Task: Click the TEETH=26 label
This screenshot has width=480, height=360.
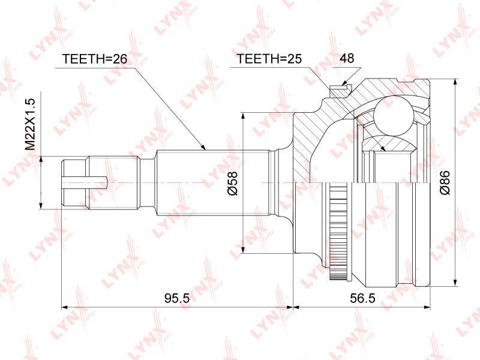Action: point(94,58)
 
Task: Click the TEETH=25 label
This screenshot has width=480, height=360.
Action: point(269,58)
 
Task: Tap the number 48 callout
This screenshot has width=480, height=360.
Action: point(347,58)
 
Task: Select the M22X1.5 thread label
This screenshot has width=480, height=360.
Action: point(31,125)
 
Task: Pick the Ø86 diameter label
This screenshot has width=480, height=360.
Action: point(445,182)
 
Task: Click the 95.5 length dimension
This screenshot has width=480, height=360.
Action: point(177,298)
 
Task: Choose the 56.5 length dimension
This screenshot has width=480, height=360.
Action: point(362,298)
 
